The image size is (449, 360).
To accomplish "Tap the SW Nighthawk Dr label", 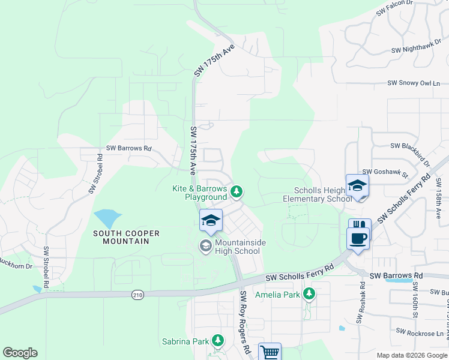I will point(417,50).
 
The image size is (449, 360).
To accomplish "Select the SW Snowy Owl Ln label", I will point(414,83).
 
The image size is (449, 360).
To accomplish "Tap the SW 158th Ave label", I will point(439,205).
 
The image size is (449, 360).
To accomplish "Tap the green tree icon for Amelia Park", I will point(309,293).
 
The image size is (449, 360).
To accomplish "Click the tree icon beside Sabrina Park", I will point(218,341).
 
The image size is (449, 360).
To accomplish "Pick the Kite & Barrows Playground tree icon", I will point(237,192).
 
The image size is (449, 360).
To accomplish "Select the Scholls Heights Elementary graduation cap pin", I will point(357,185).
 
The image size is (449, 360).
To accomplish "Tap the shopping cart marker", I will point(270,352).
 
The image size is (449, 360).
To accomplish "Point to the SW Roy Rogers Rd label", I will point(245,322).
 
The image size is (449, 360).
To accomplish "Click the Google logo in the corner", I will point(20,353).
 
